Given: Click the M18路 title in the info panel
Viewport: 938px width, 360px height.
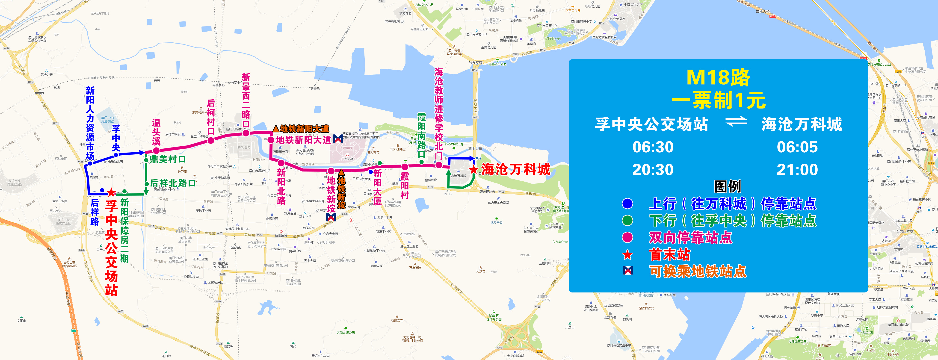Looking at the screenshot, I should pos(718,77).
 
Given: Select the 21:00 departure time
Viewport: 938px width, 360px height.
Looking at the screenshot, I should pos(797,170).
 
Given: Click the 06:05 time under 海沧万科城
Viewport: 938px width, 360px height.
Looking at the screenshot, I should pos(797,147).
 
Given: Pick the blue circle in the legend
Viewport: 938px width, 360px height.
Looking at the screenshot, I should pos(627,204).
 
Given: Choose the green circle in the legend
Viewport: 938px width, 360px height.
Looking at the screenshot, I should pos(627,221).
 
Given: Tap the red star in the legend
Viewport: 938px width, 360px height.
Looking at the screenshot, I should pos(627,254).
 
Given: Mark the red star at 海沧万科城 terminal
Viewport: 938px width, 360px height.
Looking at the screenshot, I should pos(473,170).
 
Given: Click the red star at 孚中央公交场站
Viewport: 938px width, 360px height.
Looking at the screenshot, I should pos(111,192).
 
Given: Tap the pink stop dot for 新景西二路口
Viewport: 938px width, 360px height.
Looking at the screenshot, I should pos(246,133).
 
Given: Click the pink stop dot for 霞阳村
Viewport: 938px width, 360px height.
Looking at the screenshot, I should pos(405,167).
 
